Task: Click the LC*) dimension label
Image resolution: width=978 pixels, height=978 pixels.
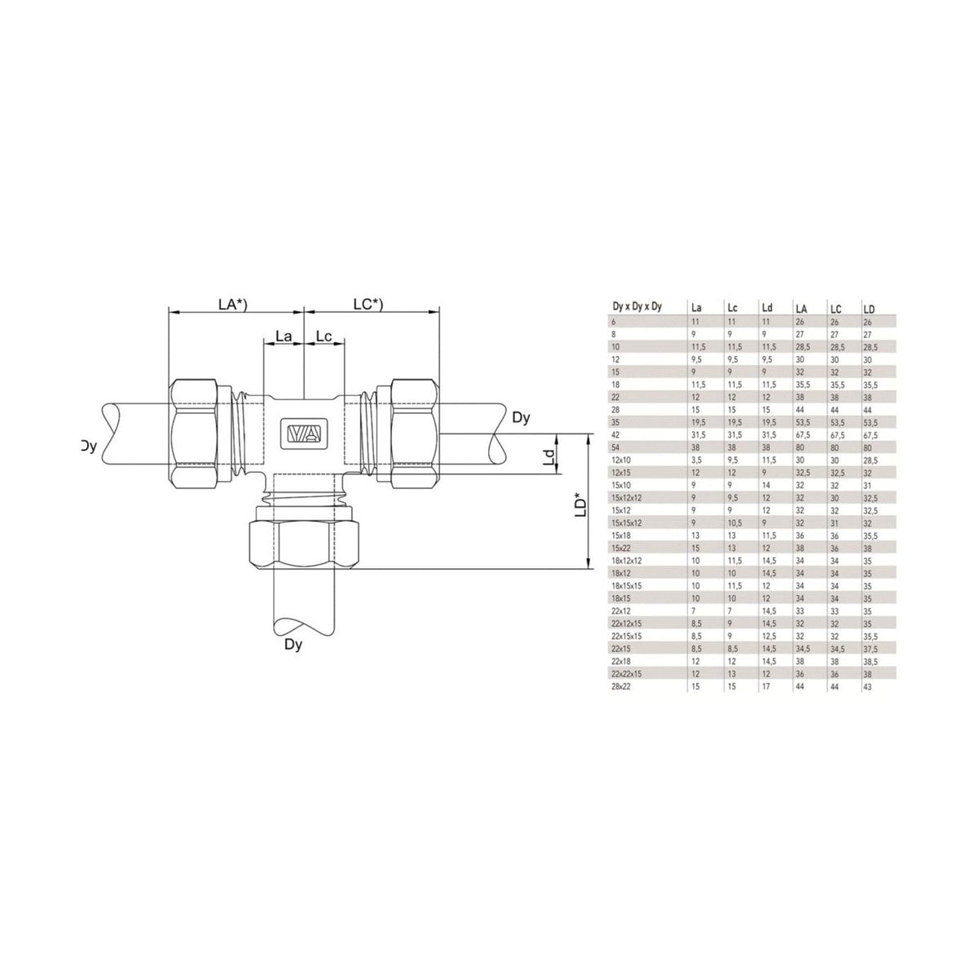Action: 368,304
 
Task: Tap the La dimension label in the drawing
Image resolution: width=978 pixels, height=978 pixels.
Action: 284,336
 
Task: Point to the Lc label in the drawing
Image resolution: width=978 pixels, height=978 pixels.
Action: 324,336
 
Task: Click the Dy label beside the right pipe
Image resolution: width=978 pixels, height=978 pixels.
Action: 522,418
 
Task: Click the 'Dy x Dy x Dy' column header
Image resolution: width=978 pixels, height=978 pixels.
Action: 637,307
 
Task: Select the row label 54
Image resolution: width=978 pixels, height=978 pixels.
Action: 615,448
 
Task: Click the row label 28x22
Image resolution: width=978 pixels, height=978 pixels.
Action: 619,687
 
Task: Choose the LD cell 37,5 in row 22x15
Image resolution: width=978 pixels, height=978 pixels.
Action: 871,649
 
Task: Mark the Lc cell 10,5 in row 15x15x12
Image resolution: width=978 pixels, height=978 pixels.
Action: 732,523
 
